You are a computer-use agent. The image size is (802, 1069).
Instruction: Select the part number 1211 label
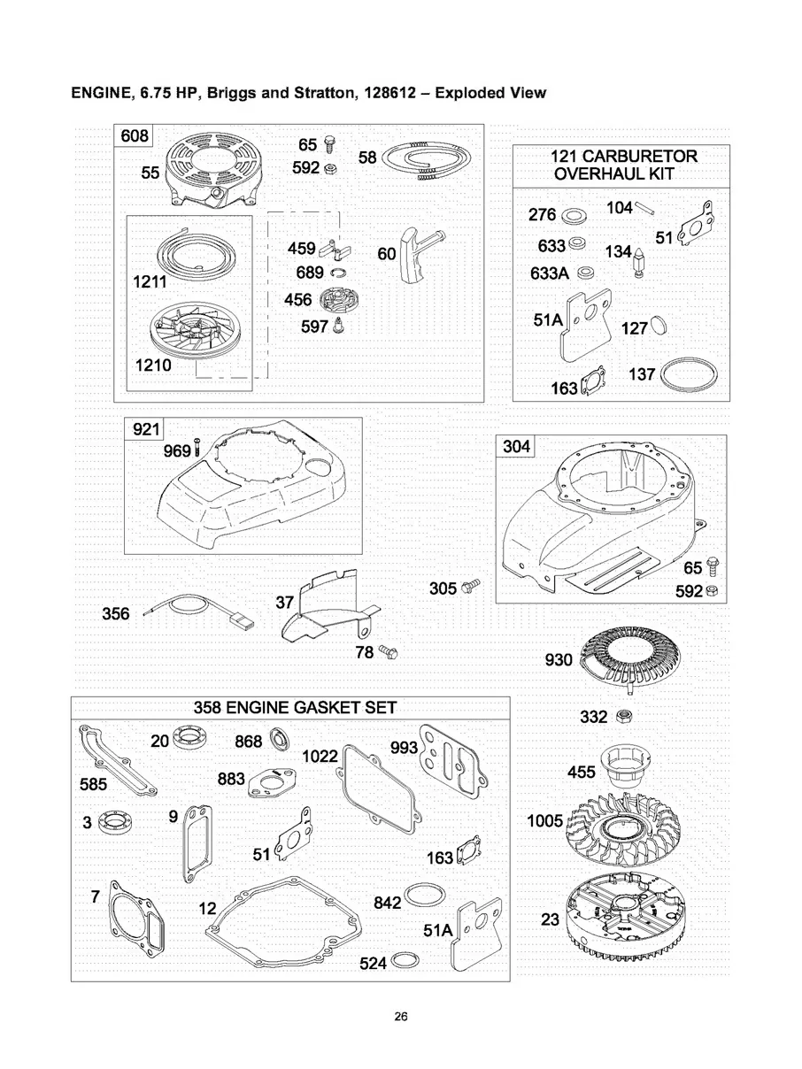click(150, 281)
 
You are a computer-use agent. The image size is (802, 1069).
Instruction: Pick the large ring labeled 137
click(689, 374)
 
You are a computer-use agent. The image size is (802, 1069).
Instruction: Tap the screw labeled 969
click(197, 447)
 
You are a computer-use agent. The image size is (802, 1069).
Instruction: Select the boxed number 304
click(517, 446)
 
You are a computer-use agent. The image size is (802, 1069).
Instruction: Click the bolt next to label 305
click(471, 586)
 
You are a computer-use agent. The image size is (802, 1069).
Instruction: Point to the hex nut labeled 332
click(621, 716)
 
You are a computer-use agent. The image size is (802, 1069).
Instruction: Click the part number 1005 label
click(545, 820)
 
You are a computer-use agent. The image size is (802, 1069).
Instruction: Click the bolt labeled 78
click(389, 650)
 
